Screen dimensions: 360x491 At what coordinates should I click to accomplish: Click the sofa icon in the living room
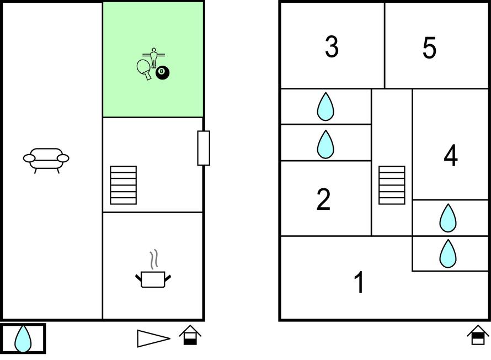click(46, 159)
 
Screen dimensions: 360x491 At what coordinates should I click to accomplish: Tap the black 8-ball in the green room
click(162, 72)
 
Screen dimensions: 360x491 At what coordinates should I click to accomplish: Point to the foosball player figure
click(154, 57)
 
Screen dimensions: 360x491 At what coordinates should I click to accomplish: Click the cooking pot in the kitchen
click(153, 278)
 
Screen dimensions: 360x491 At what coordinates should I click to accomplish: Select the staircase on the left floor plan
click(123, 185)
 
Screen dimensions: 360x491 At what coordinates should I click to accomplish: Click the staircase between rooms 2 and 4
click(392, 185)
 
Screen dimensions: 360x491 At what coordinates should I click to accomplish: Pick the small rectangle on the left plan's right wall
click(204, 148)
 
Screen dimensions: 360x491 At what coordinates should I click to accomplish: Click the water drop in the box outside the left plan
click(23, 338)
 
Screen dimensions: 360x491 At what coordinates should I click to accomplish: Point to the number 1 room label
click(359, 282)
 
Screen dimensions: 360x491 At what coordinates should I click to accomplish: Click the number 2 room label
click(323, 199)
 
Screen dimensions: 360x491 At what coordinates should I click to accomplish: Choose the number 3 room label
click(332, 47)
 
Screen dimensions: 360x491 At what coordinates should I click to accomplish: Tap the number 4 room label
click(451, 156)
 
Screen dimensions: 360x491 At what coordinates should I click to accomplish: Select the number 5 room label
click(429, 48)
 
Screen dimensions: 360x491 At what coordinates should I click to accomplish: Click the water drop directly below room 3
click(325, 107)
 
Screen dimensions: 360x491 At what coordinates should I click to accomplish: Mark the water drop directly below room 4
click(448, 218)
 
